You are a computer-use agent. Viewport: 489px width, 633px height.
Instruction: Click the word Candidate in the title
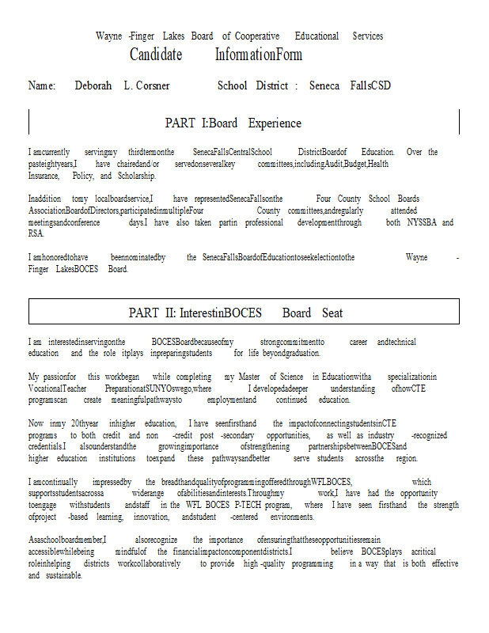coord(156,55)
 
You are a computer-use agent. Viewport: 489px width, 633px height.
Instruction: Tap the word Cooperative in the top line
coord(257,36)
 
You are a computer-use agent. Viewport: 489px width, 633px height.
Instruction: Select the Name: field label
coord(42,85)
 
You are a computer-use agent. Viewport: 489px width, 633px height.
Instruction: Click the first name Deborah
coord(93,85)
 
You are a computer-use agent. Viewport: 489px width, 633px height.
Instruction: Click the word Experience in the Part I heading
coord(275,123)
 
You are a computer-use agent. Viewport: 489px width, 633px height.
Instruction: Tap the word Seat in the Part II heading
coord(332,313)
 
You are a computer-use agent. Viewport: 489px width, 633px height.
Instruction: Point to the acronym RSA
coord(36,233)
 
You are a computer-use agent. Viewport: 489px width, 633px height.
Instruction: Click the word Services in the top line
coord(367,36)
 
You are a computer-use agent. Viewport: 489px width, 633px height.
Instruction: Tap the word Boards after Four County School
coord(408,199)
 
